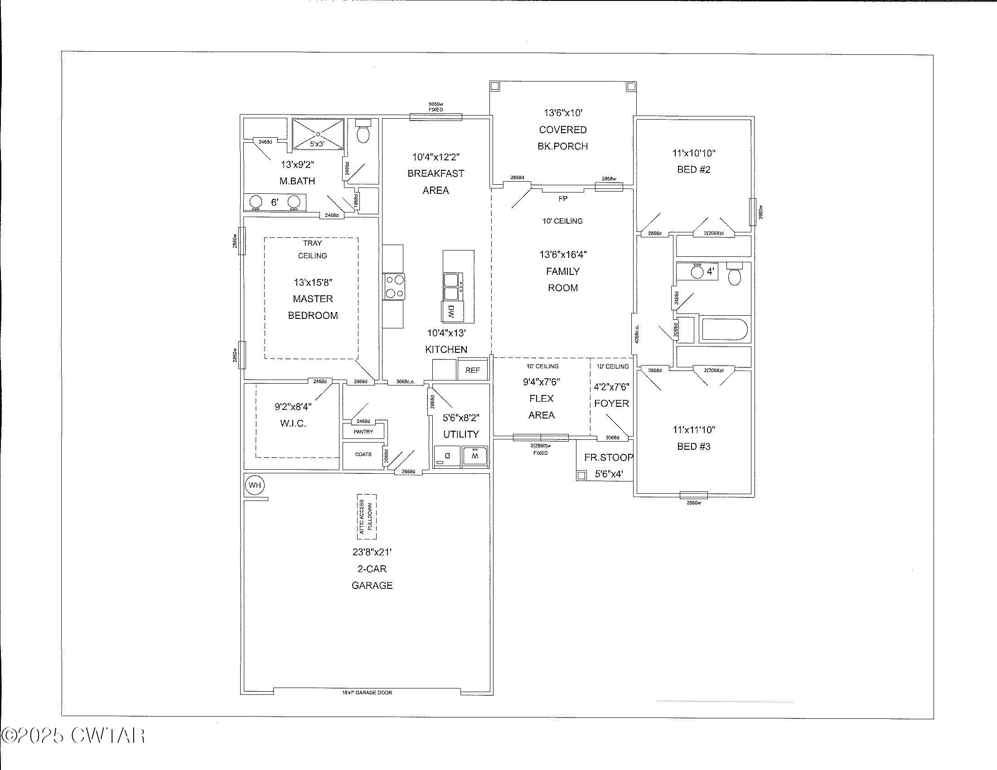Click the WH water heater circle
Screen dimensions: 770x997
pos(255,485)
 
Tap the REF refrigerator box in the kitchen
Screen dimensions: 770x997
pos(473,370)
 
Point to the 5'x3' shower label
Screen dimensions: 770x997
pos(317,144)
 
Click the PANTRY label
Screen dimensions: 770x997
pos(363,432)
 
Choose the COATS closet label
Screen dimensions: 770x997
pos(363,454)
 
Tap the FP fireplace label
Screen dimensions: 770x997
pos(563,199)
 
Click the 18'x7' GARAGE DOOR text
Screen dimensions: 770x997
pos(367,693)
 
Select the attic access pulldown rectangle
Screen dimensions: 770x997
pos(367,516)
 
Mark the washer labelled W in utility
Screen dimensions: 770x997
pos(475,456)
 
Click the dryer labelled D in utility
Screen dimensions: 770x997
pos(447,456)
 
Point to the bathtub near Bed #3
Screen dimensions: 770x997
pos(724,330)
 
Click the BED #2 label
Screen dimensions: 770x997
pos(693,170)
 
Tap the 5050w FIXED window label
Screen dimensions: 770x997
pos(436,107)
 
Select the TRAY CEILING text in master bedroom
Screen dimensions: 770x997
pos(312,250)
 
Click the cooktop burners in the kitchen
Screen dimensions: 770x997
pos(393,286)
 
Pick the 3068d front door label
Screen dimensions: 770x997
pos(612,438)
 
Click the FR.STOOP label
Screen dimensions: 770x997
pos(609,457)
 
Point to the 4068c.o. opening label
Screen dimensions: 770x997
pos(637,334)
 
